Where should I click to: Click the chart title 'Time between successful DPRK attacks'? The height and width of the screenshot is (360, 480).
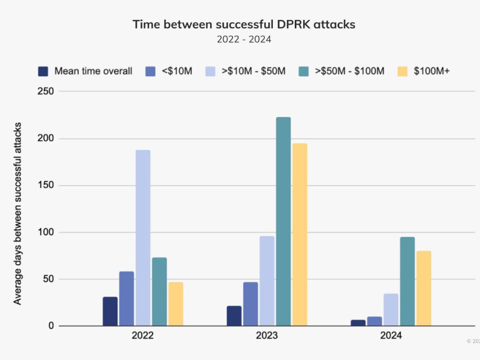click(x=244, y=24)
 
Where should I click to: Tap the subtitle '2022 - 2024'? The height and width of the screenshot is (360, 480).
click(x=244, y=39)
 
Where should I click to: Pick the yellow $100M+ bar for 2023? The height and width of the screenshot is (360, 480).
click(x=300, y=234)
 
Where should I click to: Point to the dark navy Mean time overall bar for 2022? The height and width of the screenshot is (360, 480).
click(x=110, y=311)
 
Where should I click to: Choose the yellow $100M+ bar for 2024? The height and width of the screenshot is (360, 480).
click(x=423, y=288)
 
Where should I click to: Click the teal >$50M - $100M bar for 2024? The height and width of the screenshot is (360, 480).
click(x=407, y=281)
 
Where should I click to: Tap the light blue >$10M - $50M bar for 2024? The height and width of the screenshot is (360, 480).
click(x=391, y=310)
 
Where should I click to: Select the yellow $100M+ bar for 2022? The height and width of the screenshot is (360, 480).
click(x=176, y=304)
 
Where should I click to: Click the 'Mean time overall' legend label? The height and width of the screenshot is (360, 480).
click(x=93, y=71)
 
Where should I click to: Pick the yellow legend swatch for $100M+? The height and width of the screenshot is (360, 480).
click(x=402, y=71)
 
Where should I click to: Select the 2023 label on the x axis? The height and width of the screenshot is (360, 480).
click(x=267, y=336)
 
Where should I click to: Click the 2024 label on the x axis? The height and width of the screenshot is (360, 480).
click(x=391, y=336)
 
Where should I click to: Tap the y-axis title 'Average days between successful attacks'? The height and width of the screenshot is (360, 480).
click(x=17, y=213)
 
